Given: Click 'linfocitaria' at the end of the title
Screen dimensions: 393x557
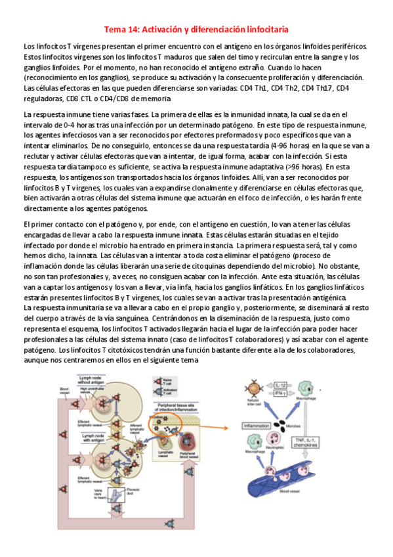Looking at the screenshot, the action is click(x=262, y=30).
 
